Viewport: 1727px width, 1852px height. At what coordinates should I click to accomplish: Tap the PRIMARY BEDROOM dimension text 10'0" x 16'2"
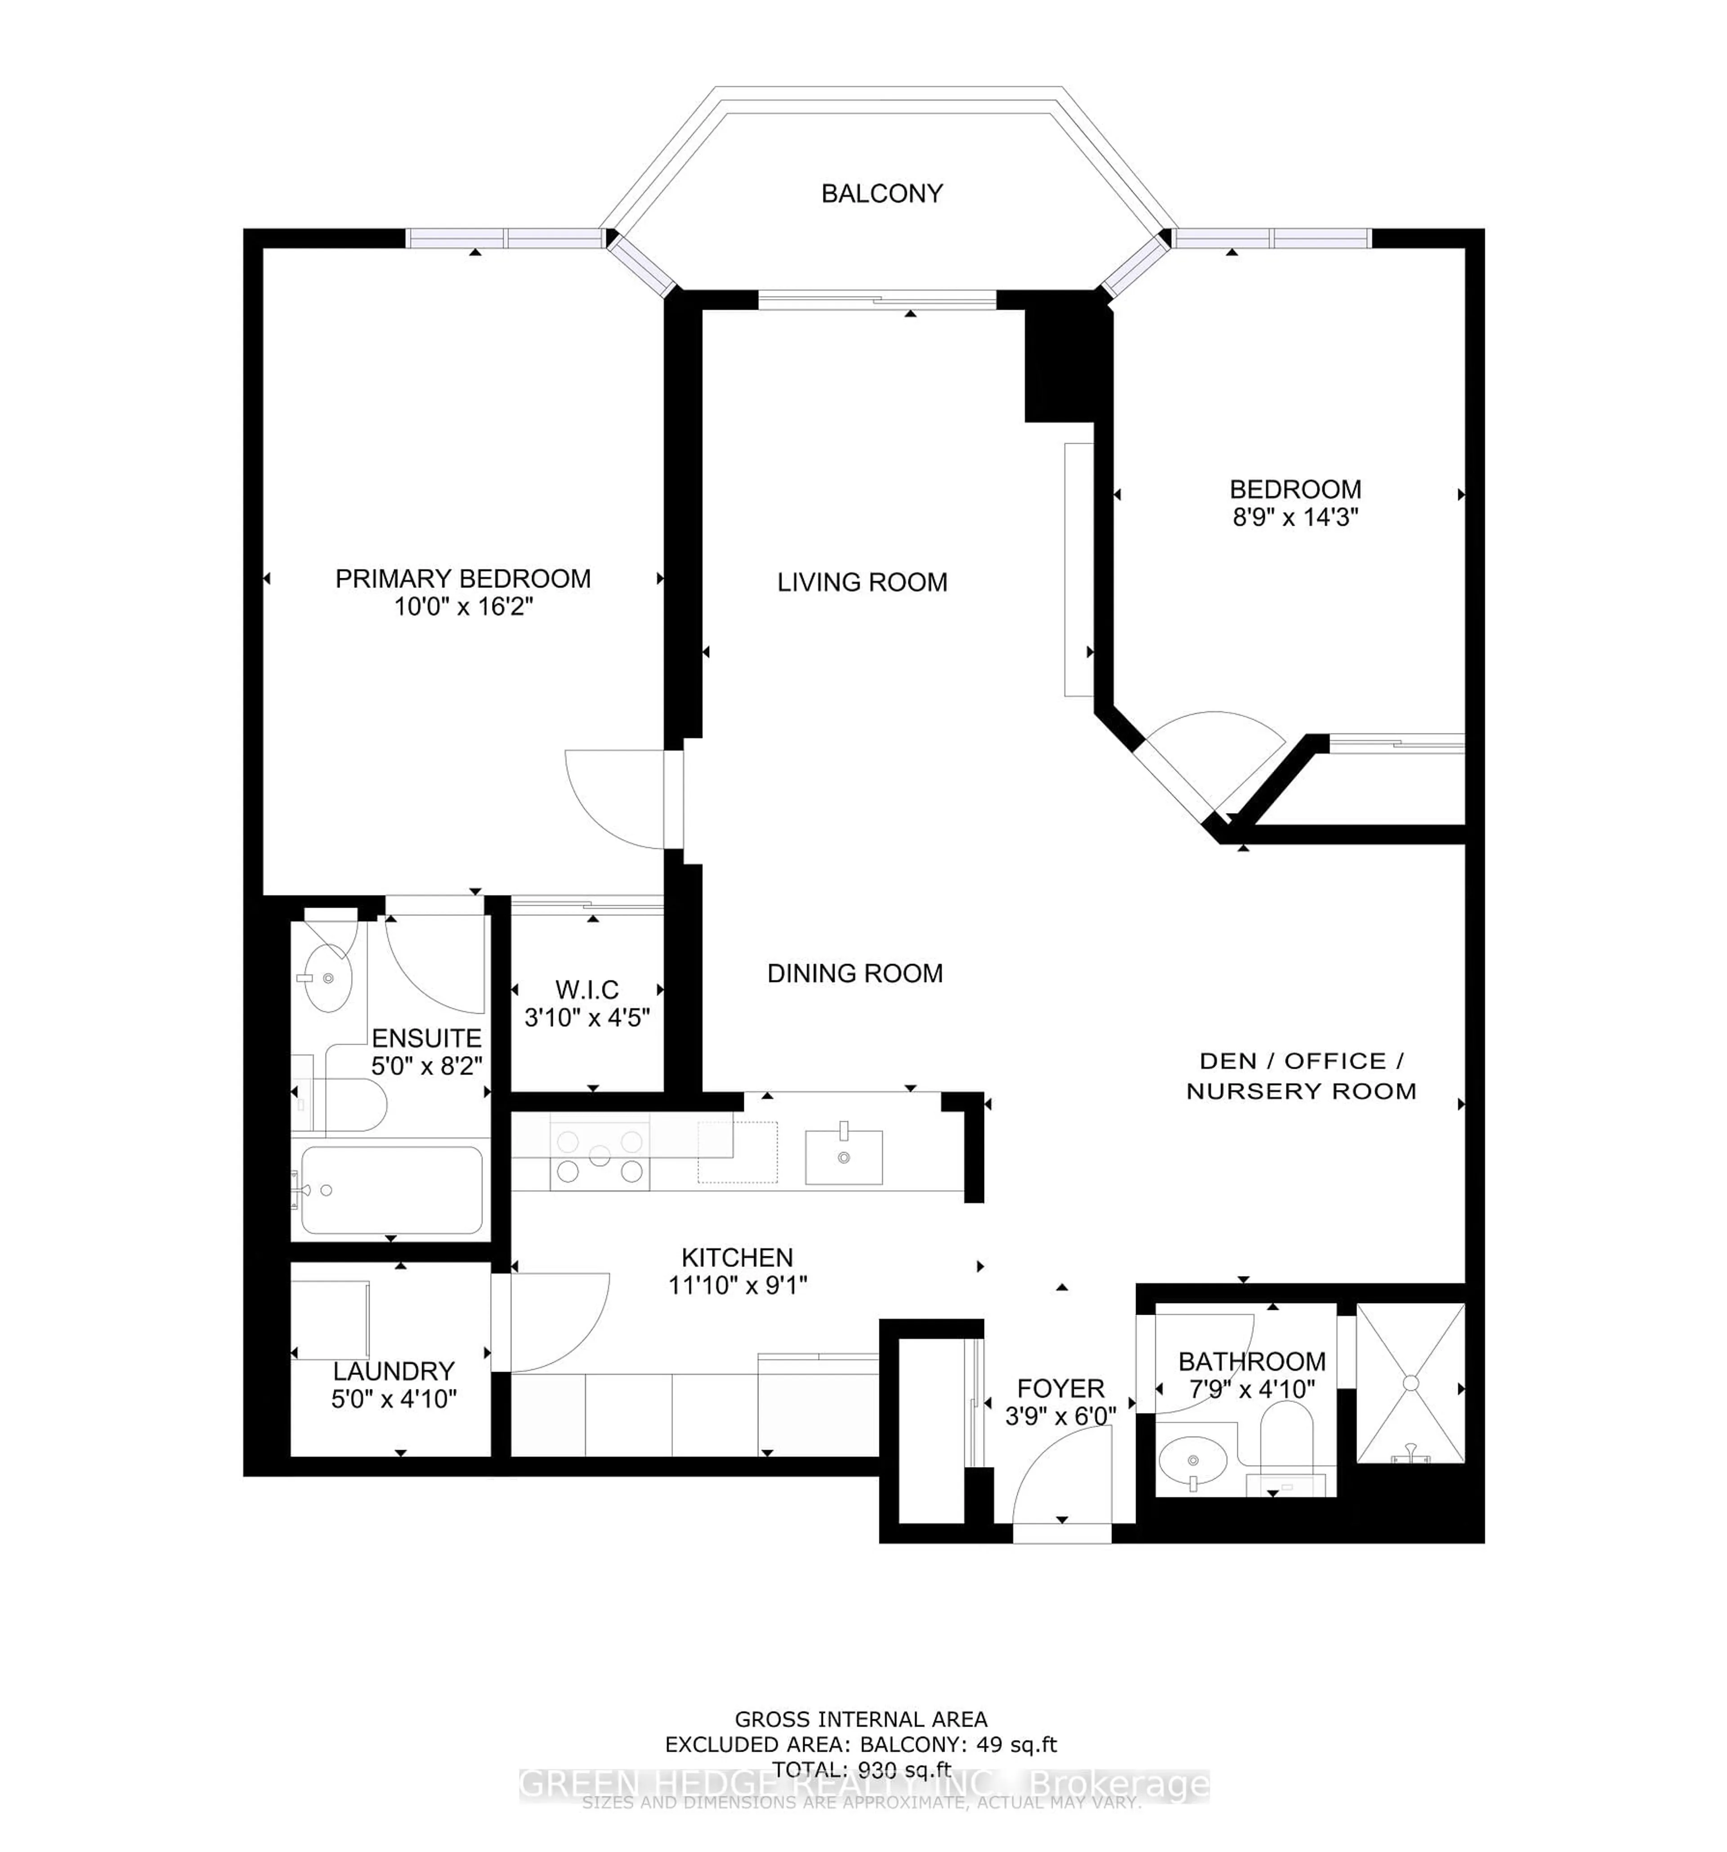click(462, 607)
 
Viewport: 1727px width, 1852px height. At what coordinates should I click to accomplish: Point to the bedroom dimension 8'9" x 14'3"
click(1294, 517)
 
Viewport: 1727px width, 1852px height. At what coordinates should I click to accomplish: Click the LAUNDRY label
click(394, 1371)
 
